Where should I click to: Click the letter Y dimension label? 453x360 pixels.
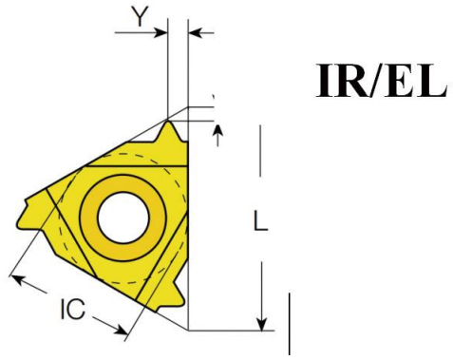(140, 17)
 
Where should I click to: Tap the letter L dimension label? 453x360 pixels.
(261, 220)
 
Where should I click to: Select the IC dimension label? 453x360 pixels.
(73, 309)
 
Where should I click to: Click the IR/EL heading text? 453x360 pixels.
(382, 81)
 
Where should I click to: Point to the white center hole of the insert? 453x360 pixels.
(123, 218)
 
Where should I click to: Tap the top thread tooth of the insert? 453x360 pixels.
(170, 131)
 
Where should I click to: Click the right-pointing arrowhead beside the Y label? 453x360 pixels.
(160, 32)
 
